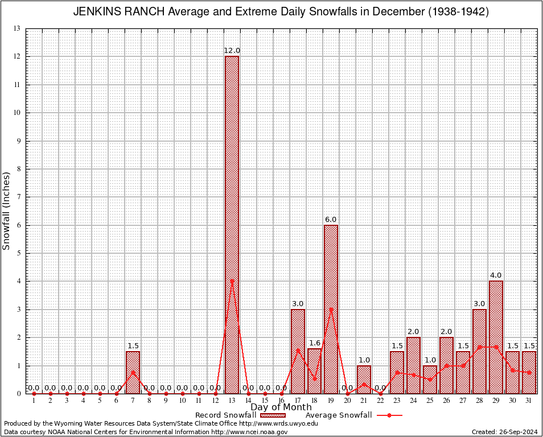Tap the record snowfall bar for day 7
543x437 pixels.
pos(133,372)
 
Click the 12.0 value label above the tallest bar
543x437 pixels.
pos(232,51)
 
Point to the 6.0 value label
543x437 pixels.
pos(331,219)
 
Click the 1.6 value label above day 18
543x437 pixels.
pos(314,343)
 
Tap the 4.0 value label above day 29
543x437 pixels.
pos(496,275)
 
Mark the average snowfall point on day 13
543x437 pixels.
pos(232,281)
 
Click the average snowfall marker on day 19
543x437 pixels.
pos(331,309)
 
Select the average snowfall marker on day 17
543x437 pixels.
pos(298,351)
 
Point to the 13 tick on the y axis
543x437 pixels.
pos(17,28)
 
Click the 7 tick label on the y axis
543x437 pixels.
pos(18,197)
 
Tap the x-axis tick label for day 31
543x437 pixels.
pos(529,401)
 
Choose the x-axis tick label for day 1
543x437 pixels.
pos(34,401)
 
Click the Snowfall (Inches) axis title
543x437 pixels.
pos(7,211)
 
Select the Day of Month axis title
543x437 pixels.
pos(281,407)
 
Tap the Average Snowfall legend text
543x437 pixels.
pos(339,415)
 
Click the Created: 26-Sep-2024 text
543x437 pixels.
pos(504,432)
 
